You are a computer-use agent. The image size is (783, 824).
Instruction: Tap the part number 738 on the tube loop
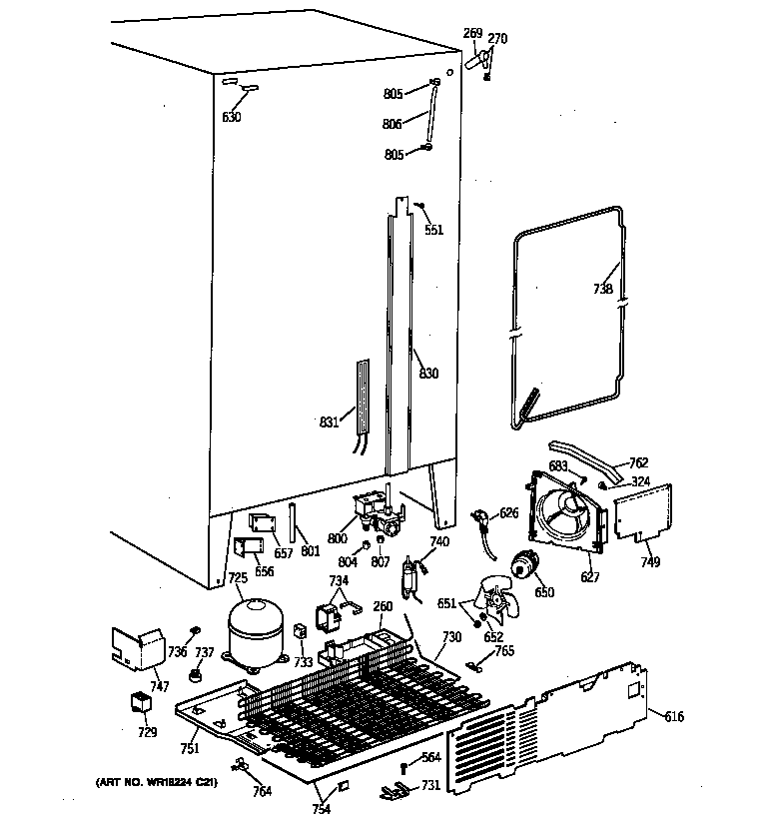tap(603, 290)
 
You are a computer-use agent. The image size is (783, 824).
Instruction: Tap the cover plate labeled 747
tap(138, 648)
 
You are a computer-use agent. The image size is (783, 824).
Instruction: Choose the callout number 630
tap(231, 117)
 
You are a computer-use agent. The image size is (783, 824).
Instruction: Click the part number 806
tap(392, 124)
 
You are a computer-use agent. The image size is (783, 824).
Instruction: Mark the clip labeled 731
tap(396, 793)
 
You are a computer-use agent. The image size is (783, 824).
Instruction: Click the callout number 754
tap(321, 808)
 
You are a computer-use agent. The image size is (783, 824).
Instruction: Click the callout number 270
tap(497, 39)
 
